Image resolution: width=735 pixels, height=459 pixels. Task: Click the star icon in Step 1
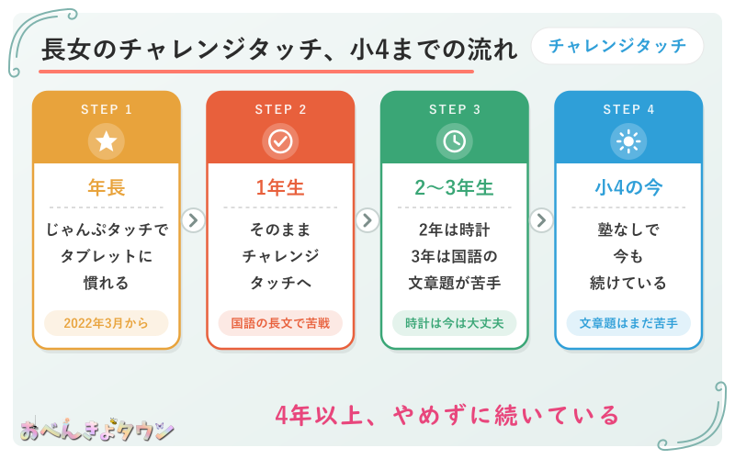(x=107, y=141)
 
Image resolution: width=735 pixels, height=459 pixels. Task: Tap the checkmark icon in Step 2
(x=280, y=141)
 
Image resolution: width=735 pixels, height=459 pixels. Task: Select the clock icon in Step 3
(x=454, y=141)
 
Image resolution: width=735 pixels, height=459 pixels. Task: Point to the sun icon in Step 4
(x=628, y=141)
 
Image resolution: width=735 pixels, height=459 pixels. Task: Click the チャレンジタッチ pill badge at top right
(x=616, y=46)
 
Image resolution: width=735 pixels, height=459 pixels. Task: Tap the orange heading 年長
(x=107, y=187)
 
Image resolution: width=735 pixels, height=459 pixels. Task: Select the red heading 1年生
(x=280, y=187)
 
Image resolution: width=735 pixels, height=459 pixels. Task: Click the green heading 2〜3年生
(x=454, y=187)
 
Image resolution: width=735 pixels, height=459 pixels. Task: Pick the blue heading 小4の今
(x=628, y=187)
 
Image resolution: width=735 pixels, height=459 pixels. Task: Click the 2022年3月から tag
(x=107, y=323)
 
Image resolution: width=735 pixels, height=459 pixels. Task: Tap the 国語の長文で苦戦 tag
(x=280, y=323)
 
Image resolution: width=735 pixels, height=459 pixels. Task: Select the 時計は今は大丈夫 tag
(x=454, y=323)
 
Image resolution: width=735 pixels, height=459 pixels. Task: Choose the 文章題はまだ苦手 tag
(x=628, y=323)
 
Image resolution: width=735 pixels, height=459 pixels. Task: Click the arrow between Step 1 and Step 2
(x=193, y=220)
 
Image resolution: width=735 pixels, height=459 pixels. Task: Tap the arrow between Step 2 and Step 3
(x=367, y=220)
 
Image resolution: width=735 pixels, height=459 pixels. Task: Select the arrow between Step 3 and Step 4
(x=541, y=220)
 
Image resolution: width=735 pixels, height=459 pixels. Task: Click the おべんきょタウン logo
(x=97, y=429)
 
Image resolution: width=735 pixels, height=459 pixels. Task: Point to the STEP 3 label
(x=454, y=109)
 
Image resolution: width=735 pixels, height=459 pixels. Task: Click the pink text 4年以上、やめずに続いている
(x=447, y=416)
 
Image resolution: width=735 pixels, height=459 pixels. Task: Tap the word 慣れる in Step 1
(x=106, y=283)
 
